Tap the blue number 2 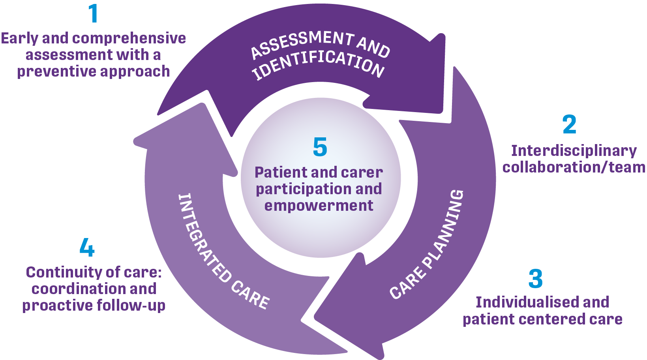569,124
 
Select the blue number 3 536,279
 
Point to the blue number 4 87,247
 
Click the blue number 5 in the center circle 320,147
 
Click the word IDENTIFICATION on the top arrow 318,64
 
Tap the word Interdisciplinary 574,151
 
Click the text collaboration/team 574,167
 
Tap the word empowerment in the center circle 319,206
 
